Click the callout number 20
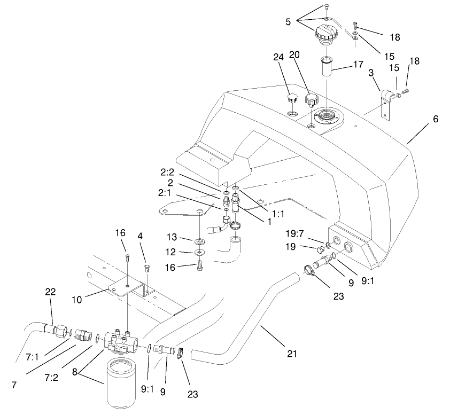[294, 54]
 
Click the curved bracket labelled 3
[385, 99]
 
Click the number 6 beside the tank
[436, 119]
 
